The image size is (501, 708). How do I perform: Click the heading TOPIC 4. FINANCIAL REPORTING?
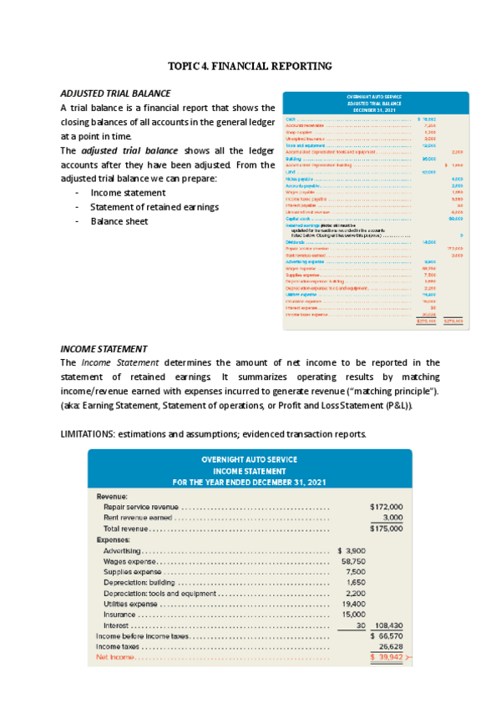coord(250,65)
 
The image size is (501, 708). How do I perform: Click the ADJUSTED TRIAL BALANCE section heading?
coord(116,93)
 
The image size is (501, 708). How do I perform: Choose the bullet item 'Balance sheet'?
coord(119,221)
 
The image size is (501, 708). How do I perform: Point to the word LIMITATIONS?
coord(88,434)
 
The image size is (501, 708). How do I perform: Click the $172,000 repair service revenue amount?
coord(386,506)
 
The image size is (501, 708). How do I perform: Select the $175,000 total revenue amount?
coord(386,528)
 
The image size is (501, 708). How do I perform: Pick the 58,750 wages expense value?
coord(354,561)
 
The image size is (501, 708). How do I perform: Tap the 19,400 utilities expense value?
coord(354,603)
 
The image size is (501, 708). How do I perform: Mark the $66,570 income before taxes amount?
coord(386,635)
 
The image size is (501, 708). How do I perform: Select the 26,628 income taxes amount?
coord(390,646)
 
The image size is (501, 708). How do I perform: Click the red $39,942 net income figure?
coord(387,657)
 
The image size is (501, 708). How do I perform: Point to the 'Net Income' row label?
coord(113,657)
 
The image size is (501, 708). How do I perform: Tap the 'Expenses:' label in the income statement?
coord(114,539)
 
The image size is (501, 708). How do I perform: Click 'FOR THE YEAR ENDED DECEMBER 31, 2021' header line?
coord(249,483)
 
